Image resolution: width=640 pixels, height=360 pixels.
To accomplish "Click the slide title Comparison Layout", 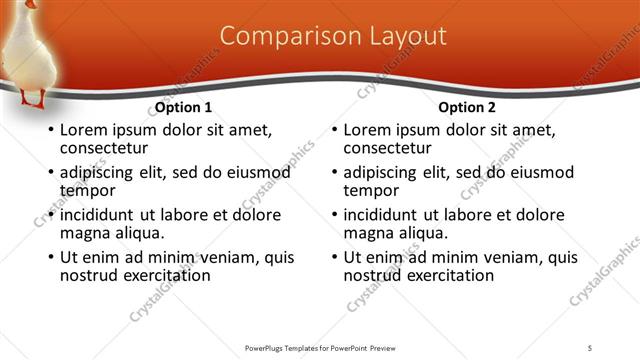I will (x=333, y=36).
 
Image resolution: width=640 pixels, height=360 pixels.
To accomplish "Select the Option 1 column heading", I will (x=184, y=108).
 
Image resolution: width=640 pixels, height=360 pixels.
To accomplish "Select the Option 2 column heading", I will (x=468, y=108).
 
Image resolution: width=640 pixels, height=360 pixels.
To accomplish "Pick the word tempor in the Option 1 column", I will (x=88, y=191).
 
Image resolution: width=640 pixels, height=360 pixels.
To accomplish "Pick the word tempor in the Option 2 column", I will (x=372, y=191).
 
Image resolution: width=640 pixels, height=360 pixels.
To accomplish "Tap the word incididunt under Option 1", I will (x=99, y=215).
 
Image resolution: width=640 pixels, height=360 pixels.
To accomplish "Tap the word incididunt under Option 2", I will (x=383, y=215).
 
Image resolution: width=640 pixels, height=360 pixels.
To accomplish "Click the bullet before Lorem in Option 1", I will (x=49, y=131).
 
